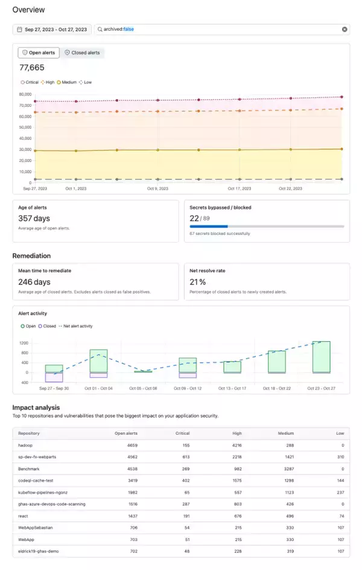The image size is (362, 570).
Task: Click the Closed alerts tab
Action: pyautogui.click(x=84, y=53)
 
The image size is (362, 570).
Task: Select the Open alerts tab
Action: pyautogui.click(x=39, y=53)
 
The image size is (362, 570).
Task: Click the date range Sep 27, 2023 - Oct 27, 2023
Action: pyautogui.click(x=52, y=29)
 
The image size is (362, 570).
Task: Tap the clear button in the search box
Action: pyautogui.click(x=345, y=29)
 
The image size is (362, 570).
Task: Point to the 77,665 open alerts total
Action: pyautogui.click(x=31, y=68)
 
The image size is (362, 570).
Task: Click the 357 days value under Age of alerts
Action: pyautogui.click(x=34, y=218)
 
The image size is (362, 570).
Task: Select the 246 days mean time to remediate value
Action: pyautogui.click(x=34, y=282)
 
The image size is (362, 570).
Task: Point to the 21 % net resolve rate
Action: pyautogui.click(x=198, y=282)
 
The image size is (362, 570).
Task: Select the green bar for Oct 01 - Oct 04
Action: pyautogui.click(x=98, y=360)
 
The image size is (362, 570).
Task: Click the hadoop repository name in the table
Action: pyautogui.click(x=26, y=444)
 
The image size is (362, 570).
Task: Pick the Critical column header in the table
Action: pyautogui.click(x=182, y=433)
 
